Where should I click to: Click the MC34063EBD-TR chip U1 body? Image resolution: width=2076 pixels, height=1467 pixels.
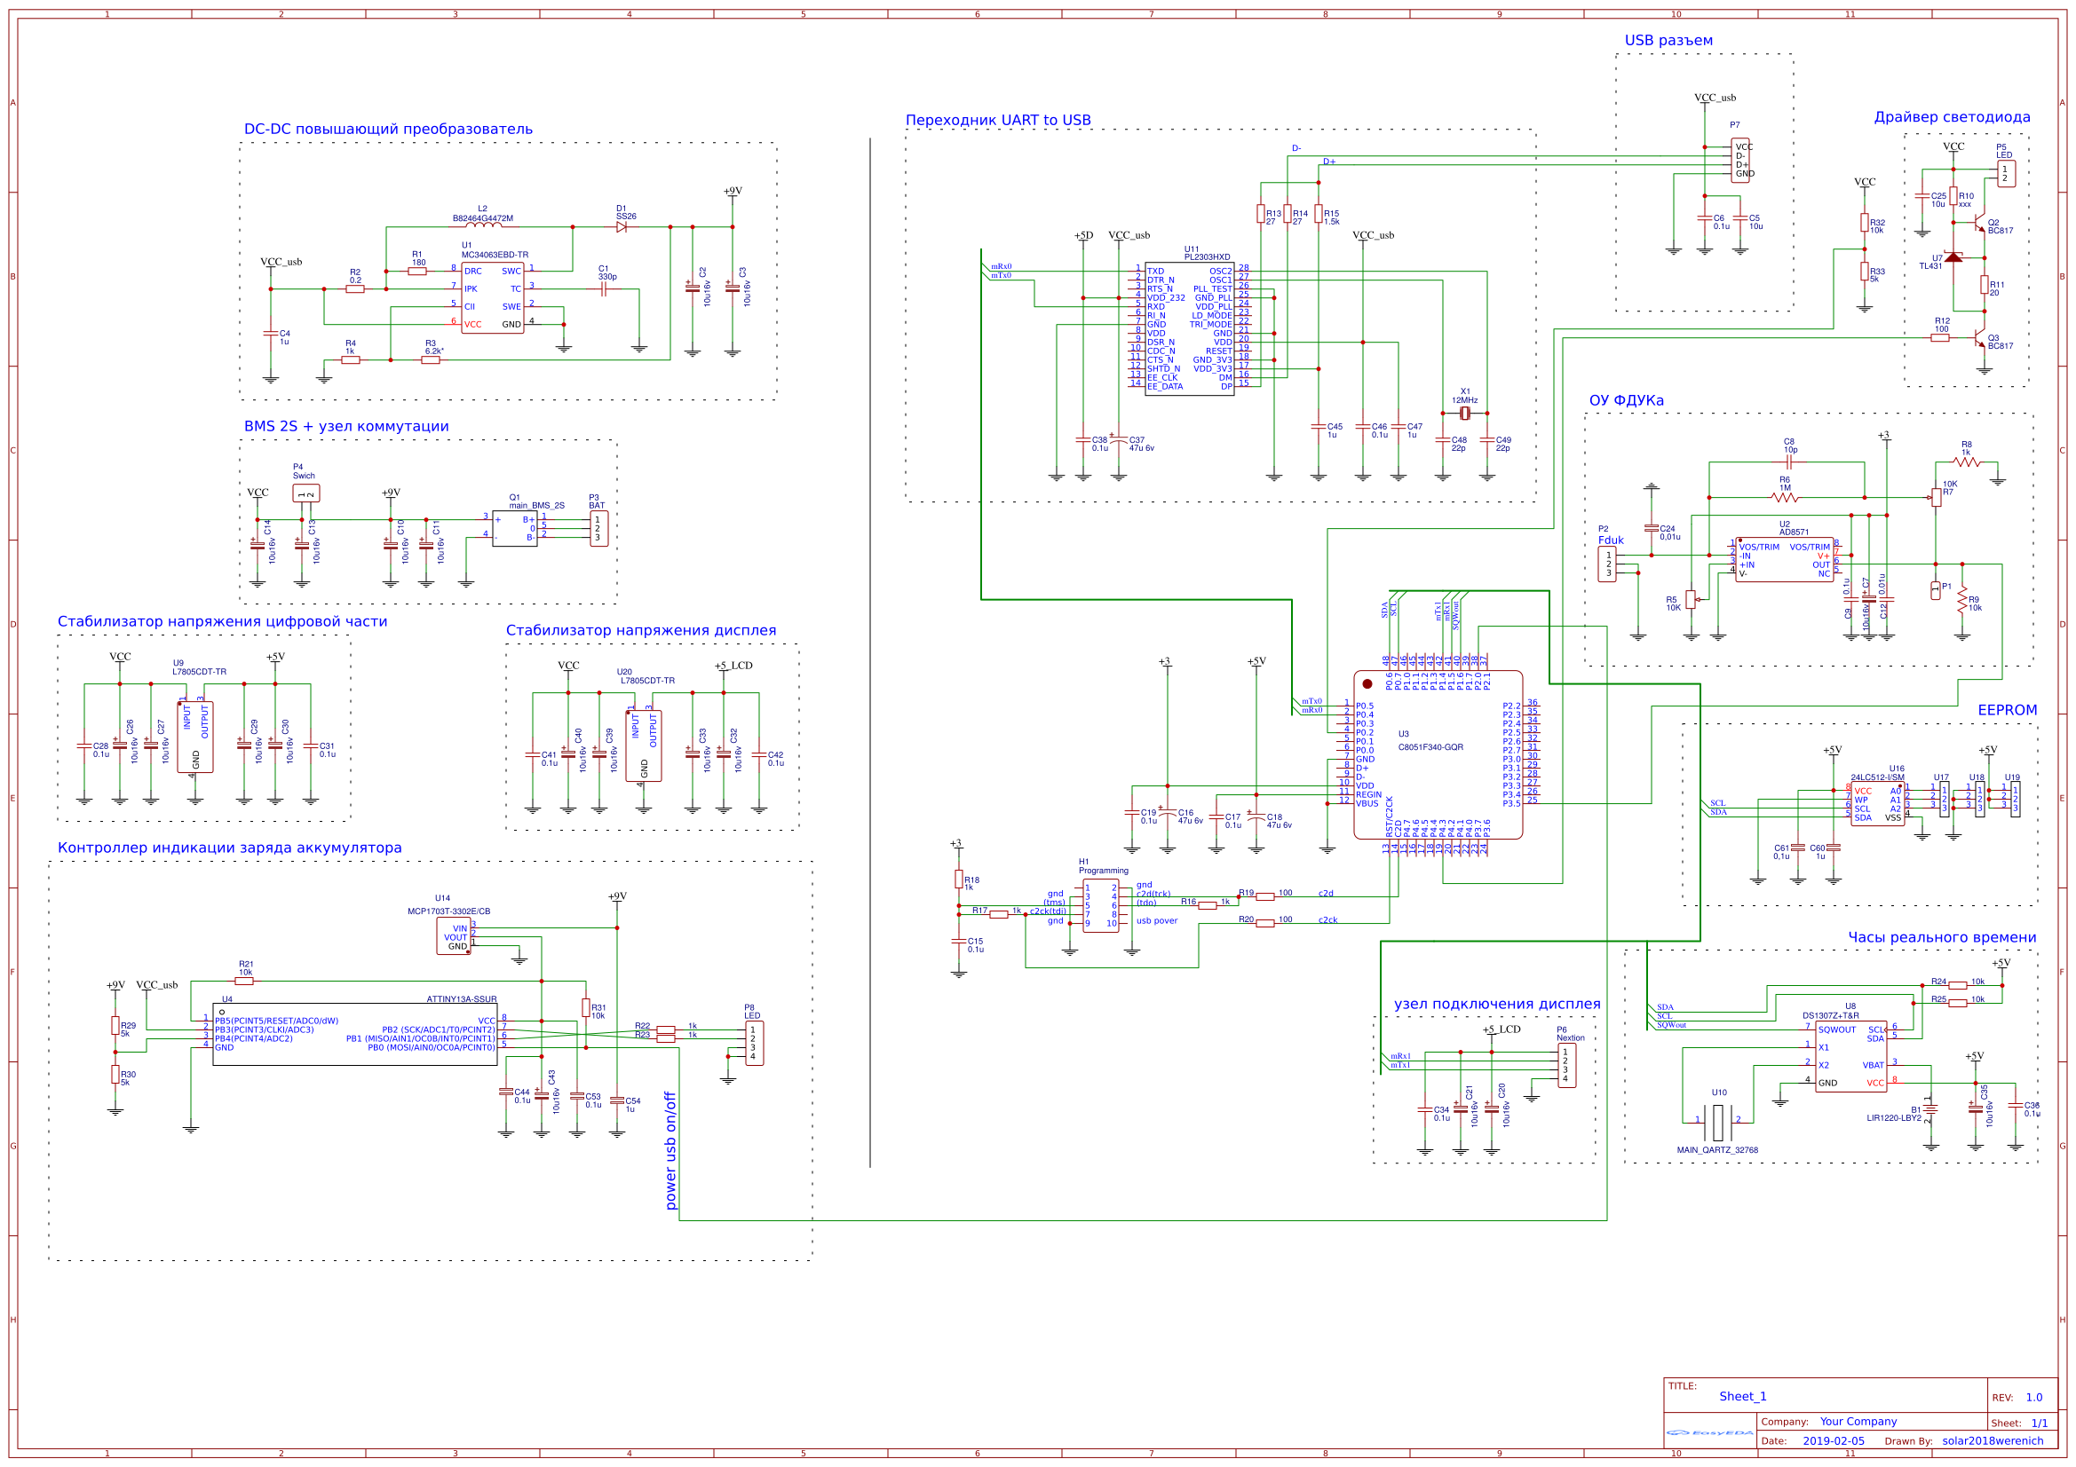[492, 298]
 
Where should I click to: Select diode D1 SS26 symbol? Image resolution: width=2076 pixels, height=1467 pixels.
[622, 227]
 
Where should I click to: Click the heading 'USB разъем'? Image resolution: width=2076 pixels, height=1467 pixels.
[1668, 41]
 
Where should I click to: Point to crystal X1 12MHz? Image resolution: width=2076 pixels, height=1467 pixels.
[1465, 413]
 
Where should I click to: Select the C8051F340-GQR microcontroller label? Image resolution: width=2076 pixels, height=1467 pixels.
[1430, 747]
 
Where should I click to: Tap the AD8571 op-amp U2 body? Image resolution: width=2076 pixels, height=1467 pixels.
[1783, 560]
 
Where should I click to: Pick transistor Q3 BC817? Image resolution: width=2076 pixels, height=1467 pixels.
[1980, 339]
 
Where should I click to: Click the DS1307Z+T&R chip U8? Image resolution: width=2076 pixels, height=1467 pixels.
[1850, 1056]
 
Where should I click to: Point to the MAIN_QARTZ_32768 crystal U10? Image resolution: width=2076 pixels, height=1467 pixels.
[1717, 1122]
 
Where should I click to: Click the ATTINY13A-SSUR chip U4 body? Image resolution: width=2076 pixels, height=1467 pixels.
[354, 1034]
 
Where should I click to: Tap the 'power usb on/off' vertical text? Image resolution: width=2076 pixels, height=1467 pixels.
[670, 1151]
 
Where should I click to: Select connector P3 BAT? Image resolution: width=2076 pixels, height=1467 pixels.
[598, 529]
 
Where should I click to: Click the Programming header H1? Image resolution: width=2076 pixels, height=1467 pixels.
[1100, 906]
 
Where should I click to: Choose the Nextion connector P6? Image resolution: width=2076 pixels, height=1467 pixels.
[1566, 1066]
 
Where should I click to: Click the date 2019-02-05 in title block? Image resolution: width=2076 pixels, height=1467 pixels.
[1833, 1440]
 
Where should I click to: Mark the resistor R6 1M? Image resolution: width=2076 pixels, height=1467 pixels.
[1784, 497]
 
